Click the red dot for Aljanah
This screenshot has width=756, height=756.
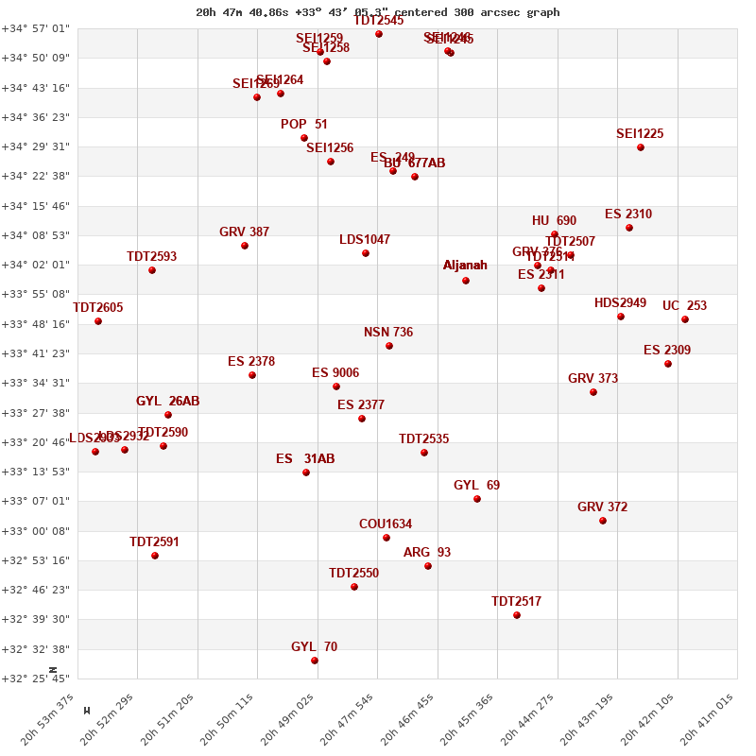(466, 281)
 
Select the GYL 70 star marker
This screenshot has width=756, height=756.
(315, 661)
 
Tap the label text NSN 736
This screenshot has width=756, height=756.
(388, 333)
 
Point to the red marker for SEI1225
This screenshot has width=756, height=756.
(641, 147)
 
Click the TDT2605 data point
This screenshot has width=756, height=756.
(98, 321)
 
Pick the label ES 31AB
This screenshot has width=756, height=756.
(305, 459)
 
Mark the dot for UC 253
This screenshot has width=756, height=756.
(685, 319)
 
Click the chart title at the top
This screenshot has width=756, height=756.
(378, 12)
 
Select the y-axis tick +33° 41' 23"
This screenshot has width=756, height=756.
(36, 353)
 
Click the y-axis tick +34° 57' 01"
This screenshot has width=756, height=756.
(36, 28)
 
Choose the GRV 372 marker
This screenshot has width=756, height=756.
(603, 521)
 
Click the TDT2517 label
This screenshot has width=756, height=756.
(516, 602)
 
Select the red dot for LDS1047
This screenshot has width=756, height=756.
(366, 253)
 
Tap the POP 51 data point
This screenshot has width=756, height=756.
(304, 138)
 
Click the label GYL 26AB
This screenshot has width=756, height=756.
(168, 402)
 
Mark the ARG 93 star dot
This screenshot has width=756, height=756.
(428, 566)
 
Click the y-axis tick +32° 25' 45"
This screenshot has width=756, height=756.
(36, 679)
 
